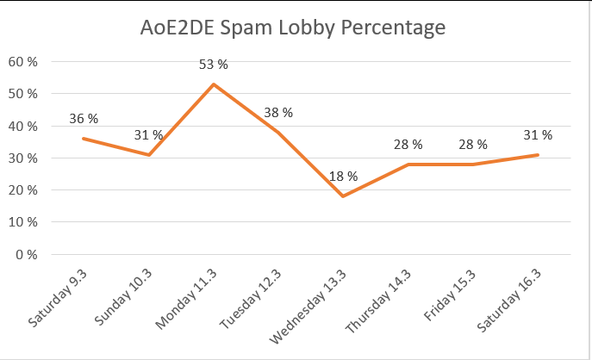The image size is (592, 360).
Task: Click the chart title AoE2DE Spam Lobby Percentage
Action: click(x=293, y=28)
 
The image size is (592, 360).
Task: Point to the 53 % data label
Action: click(x=213, y=65)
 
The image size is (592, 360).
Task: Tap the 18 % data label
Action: click(x=343, y=177)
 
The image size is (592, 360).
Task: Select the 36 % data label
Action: click(x=84, y=119)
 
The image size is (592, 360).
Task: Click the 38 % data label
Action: click(x=278, y=113)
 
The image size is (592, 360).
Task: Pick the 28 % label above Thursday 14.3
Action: click(x=408, y=145)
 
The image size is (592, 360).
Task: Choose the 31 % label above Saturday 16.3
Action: click(x=539, y=135)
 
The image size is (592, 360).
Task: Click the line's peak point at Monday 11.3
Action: click(x=213, y=84)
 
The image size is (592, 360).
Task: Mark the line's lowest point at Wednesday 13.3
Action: click(x=343, y=196)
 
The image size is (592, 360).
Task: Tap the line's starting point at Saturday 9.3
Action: click(x=83, y=138)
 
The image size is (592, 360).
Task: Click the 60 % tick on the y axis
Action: click(x=22, y=62)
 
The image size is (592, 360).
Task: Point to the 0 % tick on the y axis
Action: click(x=26, y=255)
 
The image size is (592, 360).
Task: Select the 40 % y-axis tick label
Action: click(x=22, y=127)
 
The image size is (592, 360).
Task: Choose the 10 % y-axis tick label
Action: click(x=22, y=223)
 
